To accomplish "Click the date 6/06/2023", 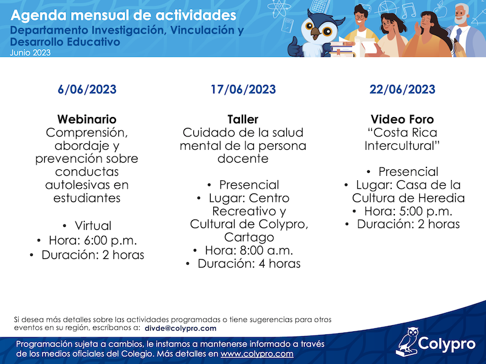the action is (87, 89).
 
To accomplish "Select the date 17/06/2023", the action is (243, 89).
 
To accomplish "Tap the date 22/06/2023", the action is (402, 89).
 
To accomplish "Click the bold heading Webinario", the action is (87, 119).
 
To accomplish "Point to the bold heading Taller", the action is (243, 119).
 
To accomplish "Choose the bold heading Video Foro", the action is (402, 119).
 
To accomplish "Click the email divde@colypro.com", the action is (180, 328).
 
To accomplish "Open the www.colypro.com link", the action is (257, 354).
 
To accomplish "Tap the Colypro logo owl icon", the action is (407, 342).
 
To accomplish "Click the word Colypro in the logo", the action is (447, 344).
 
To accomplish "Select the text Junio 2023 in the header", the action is (30, 53).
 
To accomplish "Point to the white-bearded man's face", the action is (462, 14).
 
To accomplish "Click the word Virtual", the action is (93, 226).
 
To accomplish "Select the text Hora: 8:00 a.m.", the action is (249, 251).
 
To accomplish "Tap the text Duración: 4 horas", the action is (249, 264).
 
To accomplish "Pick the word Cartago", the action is (249, 237).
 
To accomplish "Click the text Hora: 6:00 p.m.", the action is (93, 240).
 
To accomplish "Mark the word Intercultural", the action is (402, 146).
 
